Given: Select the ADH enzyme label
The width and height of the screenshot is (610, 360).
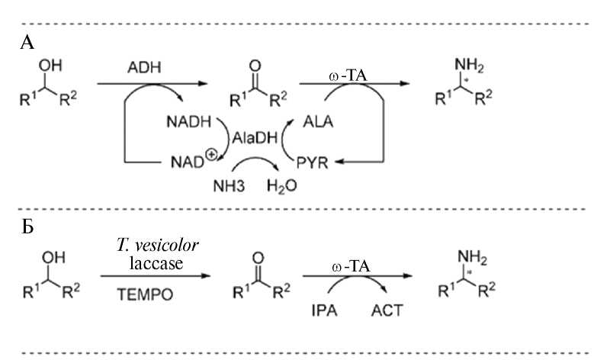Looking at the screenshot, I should [x=142, y=69].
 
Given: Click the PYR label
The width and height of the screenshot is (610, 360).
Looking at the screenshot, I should [x=312, y=162].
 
